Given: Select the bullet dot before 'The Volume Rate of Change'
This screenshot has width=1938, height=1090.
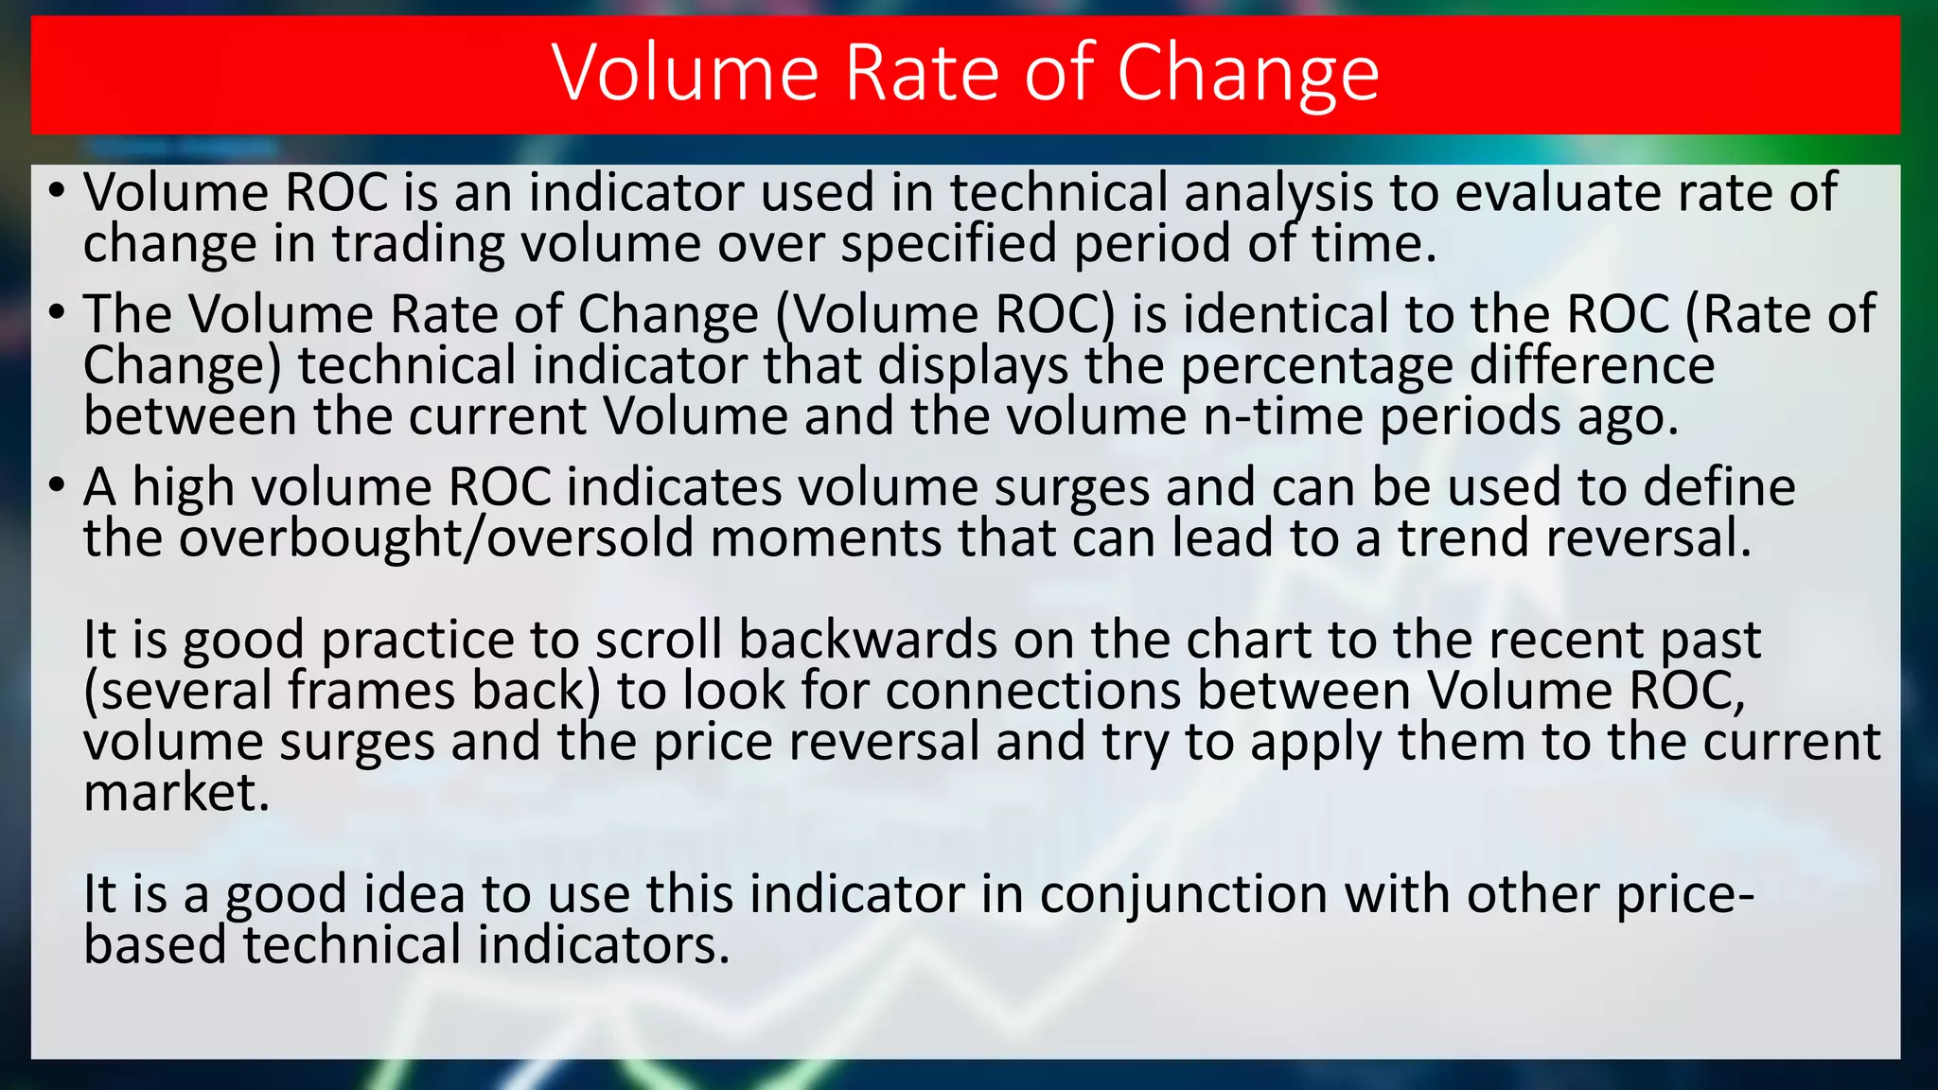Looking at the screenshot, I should (57, 312).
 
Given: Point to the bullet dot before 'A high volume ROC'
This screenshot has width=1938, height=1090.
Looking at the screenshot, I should (57, 486).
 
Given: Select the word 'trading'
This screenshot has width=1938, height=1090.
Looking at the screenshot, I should (418, 245).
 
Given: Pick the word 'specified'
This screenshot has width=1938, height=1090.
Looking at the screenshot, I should (948, 245).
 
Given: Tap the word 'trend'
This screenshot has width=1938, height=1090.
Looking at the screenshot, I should (1463, 539).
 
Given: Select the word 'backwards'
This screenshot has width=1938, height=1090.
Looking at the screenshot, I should (868, 641).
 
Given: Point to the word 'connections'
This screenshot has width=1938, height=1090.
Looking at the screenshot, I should (1033, 691).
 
